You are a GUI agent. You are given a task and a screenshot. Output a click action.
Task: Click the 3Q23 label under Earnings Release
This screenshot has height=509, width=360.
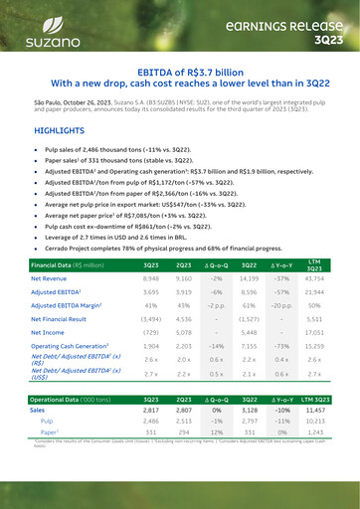pos(317,40)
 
